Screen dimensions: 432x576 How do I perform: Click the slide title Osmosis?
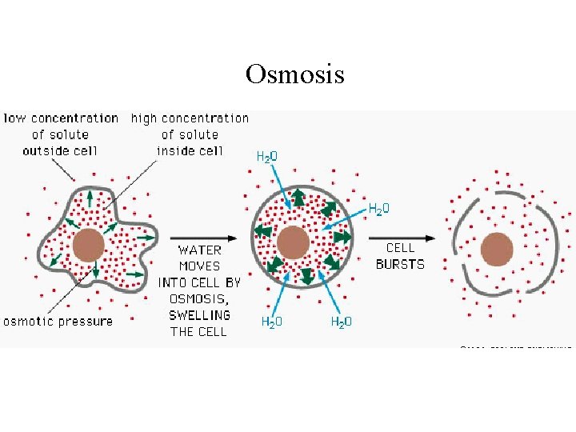tap(295, 74)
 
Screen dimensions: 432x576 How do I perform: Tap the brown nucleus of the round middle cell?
tap(294, 241)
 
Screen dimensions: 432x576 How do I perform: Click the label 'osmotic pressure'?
tap(58, 321)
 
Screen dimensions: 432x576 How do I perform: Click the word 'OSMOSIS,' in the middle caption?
tap(199, 298)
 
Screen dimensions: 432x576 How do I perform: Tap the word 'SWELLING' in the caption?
tap(199, 314)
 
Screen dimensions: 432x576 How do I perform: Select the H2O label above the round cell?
tap(266, 156)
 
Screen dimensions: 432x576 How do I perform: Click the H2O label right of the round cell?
tap(378, 208)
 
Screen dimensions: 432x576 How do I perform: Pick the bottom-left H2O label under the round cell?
tap(272, 321)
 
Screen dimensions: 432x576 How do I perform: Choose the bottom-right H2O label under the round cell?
tap(342, 321)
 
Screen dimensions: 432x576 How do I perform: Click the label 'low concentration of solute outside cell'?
tap(61, 134)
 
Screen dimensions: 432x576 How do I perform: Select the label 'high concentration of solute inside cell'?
tap(190, 134)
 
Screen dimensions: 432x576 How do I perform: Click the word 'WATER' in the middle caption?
tap(199, 250)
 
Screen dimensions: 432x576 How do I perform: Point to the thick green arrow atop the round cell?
tap(298, 197)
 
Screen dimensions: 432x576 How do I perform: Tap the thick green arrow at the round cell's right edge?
tap(342, 237)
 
